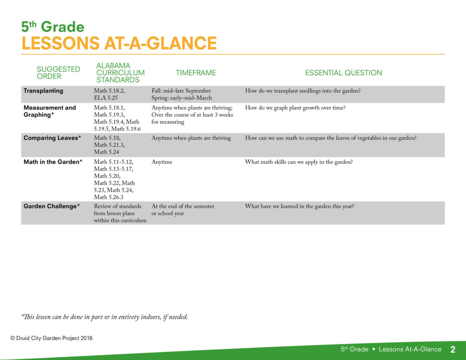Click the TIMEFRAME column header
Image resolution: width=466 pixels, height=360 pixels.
pos(196,73)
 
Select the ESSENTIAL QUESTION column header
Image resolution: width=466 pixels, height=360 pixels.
pos(344,73)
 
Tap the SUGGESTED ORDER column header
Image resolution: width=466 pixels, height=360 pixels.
pos(58,73)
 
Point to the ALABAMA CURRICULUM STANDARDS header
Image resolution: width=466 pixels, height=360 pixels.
pos(120,73)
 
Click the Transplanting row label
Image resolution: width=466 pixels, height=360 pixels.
pos(43,91)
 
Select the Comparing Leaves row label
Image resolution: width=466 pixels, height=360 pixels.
pos(52,138)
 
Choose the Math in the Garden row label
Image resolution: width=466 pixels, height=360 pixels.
pos(53,162)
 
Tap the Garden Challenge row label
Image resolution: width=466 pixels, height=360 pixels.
pos(52,206)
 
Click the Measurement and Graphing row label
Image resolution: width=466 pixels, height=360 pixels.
pos(50,111)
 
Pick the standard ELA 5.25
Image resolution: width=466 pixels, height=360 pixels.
pos(106,98)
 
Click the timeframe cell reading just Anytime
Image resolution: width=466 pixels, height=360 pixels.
pos(162,162)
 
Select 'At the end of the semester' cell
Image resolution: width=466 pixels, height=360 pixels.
pos(183,210)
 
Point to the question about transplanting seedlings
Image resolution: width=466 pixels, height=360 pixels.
pos(303,91)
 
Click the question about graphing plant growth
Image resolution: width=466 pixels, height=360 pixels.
pos(295,108)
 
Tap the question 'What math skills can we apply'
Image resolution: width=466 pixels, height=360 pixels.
pos(299,162)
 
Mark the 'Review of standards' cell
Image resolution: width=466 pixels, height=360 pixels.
pos(120,213)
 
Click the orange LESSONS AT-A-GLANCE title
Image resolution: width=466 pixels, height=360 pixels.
pos(119,43)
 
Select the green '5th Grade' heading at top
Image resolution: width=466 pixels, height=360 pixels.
pos(53,27)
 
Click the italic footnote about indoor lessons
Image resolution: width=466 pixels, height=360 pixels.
pos(104,317)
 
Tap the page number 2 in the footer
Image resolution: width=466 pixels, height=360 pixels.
pos(453,349)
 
